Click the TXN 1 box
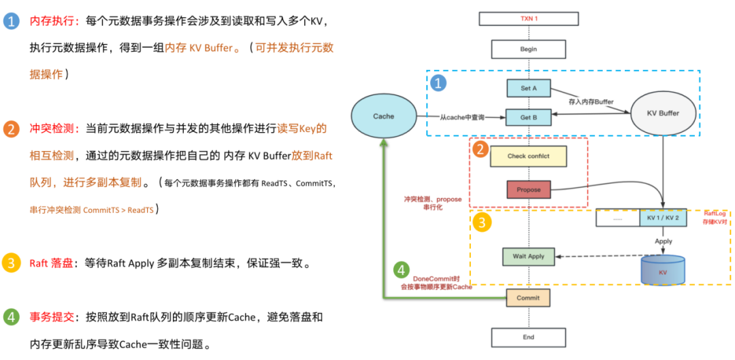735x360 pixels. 529,18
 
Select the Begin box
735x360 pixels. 529,49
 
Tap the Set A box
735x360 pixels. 529,88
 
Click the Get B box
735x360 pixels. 529,117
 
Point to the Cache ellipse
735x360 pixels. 384,116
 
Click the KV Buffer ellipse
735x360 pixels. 663,113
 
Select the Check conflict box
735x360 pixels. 529,156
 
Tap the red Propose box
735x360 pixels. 529,189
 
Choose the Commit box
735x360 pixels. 528,297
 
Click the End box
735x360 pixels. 529,337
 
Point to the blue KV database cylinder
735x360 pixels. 663,270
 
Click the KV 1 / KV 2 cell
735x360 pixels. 664,218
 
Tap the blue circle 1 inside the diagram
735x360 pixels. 440,83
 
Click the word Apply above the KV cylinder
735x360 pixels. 664,241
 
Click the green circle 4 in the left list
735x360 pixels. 11,317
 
